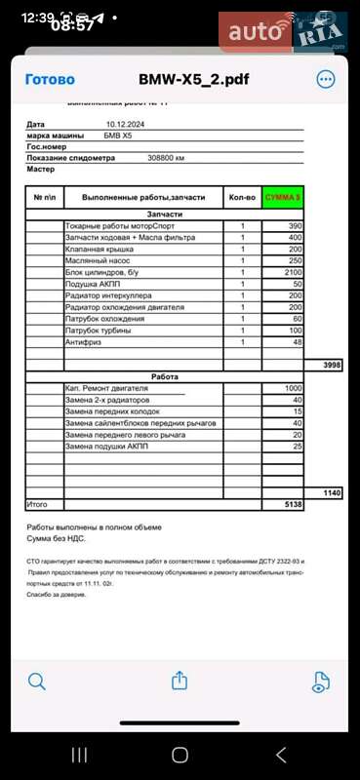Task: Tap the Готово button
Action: point(49,80)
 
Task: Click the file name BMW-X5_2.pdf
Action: point(180,80)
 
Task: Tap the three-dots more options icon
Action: point(325,80)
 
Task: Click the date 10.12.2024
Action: point(125,125)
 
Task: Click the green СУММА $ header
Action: point(283,197)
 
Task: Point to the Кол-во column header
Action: point(242,197)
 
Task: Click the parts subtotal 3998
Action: point(331,365)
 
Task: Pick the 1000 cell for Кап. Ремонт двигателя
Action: point(292,388)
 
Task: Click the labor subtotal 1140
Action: point(331,493)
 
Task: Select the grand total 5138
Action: point(292,505)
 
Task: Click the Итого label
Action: point(36,505)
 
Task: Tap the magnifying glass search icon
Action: point(37,682)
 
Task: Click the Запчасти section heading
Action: point(163,214)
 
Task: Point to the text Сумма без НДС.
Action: point(65,538)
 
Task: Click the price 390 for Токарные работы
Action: point(294,225)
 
